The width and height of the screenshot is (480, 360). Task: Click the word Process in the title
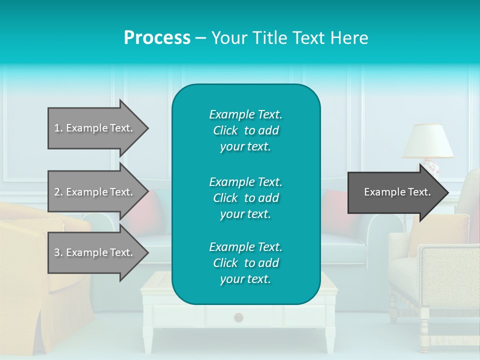click(x=157, y=37)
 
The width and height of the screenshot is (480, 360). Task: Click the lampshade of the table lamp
click(x=427, y=141)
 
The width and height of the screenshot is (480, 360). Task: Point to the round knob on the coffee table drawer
click(x=238, y=317)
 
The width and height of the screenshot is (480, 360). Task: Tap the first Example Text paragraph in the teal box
click(x=245, y=130)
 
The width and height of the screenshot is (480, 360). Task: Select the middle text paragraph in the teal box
click(x=245, y=198)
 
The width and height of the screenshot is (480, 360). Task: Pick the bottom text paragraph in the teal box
click(x=245, y=263)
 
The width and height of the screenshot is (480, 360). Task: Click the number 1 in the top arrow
click(x=57, y=128)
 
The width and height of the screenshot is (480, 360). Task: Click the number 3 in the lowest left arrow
click(x=57, y=252)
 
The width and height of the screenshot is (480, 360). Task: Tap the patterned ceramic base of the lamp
click(x=430, y=167)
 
